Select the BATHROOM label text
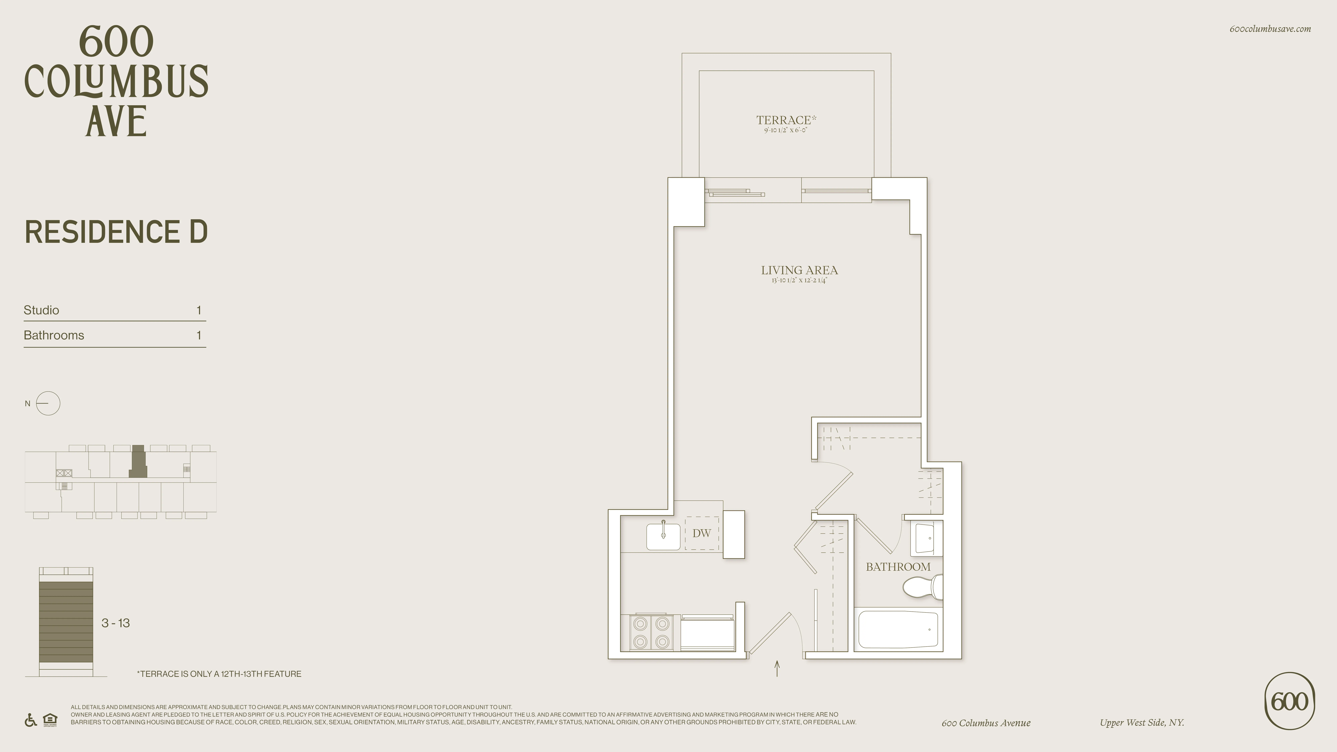898,567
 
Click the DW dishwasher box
702,533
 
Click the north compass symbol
48,403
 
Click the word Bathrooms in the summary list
54,335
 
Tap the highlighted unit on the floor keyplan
138,462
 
